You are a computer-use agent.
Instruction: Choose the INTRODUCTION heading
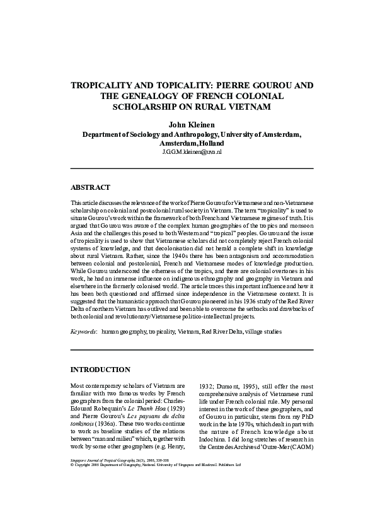point(100,369)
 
